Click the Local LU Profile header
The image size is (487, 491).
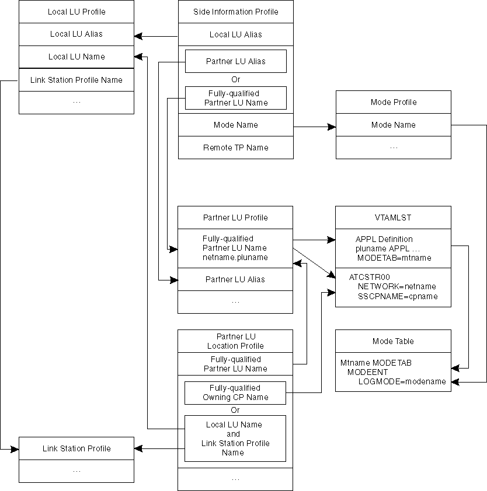pos(76,12)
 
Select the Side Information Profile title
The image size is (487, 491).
pos(236,12)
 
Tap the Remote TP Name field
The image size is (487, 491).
pos(236,148)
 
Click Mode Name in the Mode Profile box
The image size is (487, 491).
pos(394,125)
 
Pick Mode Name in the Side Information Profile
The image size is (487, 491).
pos(236,125)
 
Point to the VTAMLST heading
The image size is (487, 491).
pos(394,218)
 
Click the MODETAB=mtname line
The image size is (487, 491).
pos(385,258)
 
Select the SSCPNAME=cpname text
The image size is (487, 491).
pos(397,296)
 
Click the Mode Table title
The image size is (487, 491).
pos(394,341)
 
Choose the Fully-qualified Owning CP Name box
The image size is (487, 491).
pos(236,392)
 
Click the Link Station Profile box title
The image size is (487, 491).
pos(76,448)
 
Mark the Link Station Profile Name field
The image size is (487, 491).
pos(76,80)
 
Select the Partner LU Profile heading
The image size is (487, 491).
pos(235,218)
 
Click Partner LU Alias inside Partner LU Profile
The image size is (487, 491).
pos(235,279)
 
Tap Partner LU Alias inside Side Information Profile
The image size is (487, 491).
pos(236,61)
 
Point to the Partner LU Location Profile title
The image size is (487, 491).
pos(235,341)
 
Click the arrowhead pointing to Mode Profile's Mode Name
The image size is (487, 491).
pos(332,125)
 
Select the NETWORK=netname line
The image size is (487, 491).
pos(397,286)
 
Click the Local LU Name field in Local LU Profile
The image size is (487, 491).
pos(76,57)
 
